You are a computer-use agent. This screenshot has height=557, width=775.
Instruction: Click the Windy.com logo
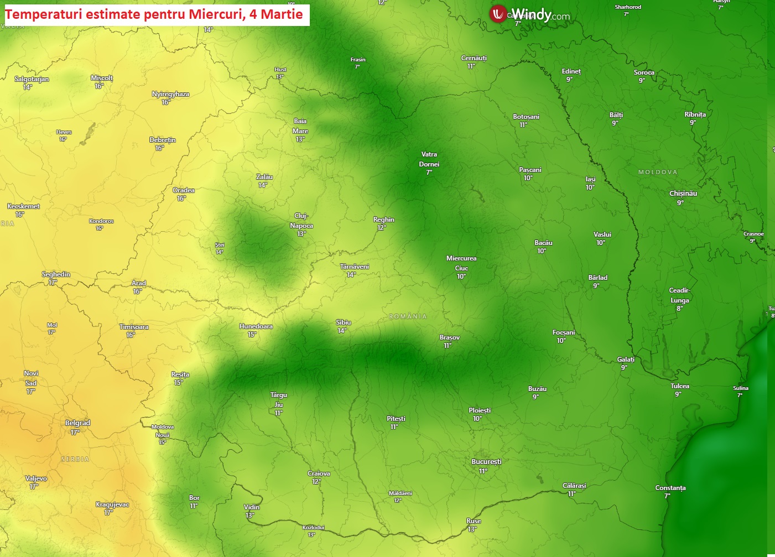coord(529,14)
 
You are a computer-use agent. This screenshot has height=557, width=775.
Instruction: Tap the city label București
coord(486,462)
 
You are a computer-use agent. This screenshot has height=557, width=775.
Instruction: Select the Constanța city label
coord(670,488)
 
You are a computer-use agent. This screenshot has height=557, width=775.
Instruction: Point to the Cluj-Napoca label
coord(301,221)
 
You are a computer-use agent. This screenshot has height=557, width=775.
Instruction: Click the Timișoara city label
coord(134,327)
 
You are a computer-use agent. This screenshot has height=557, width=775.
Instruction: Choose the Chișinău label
coord(683,194)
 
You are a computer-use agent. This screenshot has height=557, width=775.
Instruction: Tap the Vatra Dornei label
coord(429,159)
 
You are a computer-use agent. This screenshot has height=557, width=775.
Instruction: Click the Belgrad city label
coord(77,423)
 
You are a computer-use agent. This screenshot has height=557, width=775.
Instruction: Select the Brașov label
coord(449,337)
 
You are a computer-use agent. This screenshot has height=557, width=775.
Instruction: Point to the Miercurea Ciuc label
coord(461,263)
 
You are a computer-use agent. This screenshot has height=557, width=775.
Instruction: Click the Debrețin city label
coord(163,140)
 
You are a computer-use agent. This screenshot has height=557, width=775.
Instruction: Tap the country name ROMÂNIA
coord(408,316)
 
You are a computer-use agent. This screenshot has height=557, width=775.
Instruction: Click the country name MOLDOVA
coord(658,172)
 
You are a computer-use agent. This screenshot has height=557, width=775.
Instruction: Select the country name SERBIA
coord(75,459)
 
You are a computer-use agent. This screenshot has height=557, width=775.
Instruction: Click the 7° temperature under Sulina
coord(740,395)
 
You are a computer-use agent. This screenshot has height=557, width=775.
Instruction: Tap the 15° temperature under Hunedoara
coord(252,335)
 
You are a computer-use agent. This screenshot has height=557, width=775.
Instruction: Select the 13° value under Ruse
coord(472,529)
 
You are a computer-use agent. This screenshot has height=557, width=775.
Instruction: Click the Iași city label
coord(591,179)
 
